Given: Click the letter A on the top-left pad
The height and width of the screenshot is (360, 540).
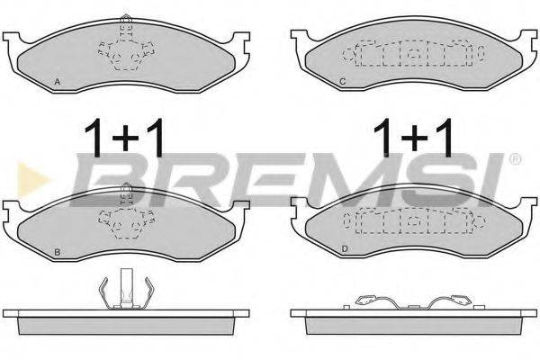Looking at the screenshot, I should (x=57, y=82).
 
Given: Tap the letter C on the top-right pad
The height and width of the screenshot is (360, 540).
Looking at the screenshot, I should (x=343, y=83).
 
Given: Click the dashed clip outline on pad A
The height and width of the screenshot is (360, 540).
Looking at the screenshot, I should (x=126, y=50).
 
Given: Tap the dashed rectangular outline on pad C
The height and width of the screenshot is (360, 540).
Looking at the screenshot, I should (x=409, y=56).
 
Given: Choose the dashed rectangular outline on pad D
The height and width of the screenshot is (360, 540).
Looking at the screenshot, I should (x=409, y=221).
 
